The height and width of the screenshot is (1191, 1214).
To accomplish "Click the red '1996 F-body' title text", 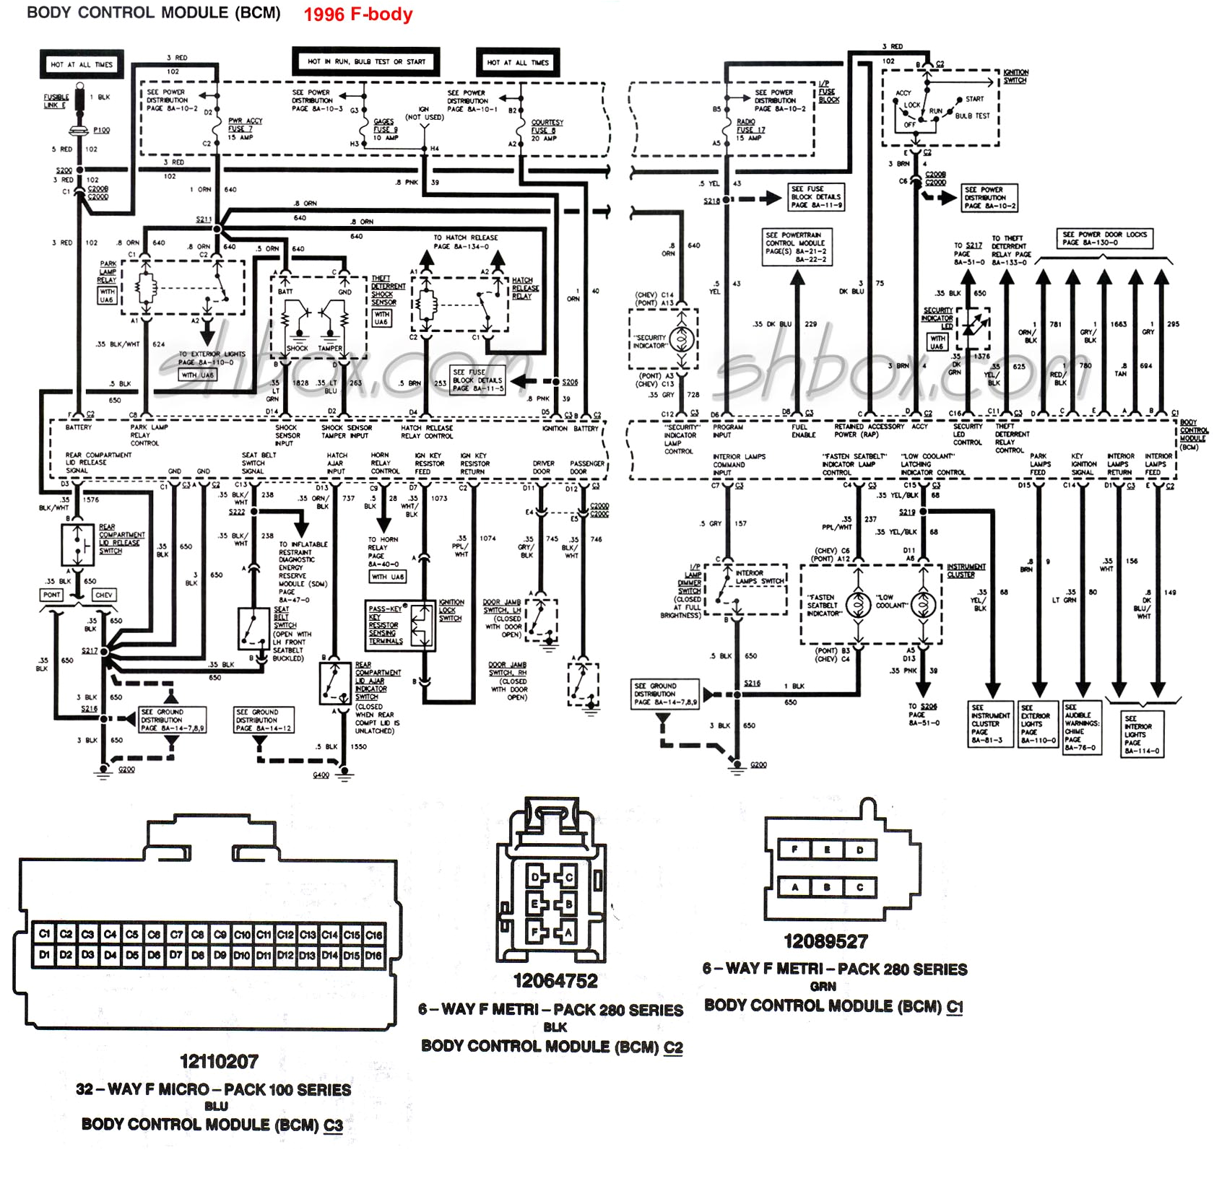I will click(357, 14).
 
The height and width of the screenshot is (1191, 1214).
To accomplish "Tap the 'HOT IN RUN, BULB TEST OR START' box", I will click(366, 61).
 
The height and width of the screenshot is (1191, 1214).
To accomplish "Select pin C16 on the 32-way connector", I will click(373, 935).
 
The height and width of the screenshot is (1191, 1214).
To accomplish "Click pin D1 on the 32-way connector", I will click(44, 955).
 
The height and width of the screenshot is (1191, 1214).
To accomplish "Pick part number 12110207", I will click(219, 1062).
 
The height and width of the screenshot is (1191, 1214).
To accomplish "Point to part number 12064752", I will click(555, 981).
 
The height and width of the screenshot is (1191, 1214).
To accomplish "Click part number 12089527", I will click(825, 941).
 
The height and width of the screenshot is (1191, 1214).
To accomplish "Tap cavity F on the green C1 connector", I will click(794, 850).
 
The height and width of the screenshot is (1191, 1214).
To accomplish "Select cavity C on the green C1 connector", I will click(859, 887).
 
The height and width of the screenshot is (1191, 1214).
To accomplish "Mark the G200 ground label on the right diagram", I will click(758, 765).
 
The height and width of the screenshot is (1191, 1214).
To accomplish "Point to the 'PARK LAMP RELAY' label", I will click(108, 272).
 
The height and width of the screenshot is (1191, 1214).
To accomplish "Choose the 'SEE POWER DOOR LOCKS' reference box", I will click(1104, 238).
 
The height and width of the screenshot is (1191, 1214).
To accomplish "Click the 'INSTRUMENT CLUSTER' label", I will click(966, 571).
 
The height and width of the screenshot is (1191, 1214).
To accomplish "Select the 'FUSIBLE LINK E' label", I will click(56, 101).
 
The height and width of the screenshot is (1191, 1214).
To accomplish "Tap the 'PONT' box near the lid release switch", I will click(52, 595).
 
